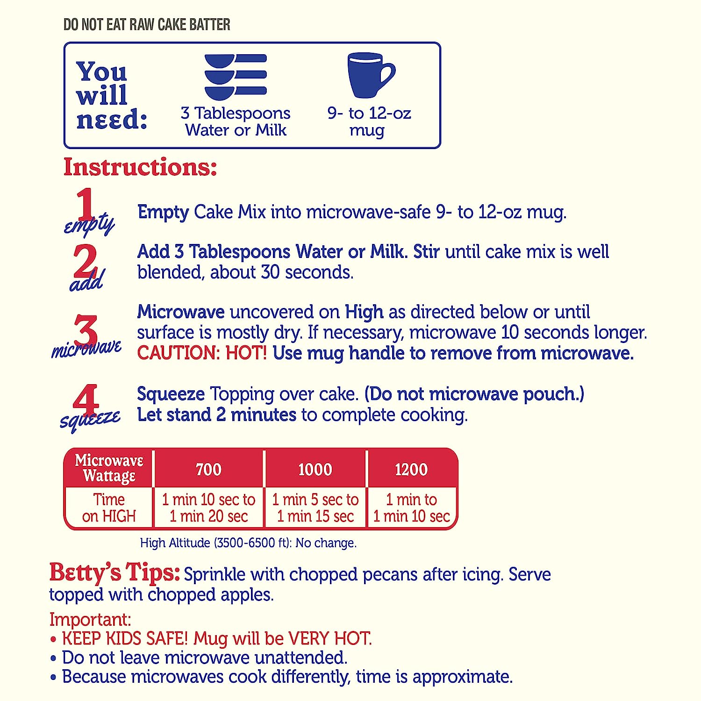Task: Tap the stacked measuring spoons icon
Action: (x=236, y=77)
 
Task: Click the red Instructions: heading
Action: (x=140, y=167)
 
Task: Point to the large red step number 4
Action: (x=86, y=400)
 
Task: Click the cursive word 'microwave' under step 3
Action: (x=86, y=348)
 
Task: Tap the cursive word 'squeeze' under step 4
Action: (x=90, y=420)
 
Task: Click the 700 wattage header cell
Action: (x=208, y=469)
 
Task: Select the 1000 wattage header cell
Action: (x=315, y=469)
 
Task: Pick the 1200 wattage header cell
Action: (x=412, y=469)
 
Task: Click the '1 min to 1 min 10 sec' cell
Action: (x=412, y=508)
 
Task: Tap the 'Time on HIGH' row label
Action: (x=109, y=508)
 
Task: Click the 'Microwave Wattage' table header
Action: (x=109, y=468)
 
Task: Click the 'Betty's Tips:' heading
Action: (x=114, y=572)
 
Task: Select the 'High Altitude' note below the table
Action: (x=248, y=543)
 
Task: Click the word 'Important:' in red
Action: (x=90, y=620)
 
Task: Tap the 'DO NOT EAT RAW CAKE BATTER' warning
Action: (x=147, y=24)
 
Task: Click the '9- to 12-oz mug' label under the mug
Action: (x=369, y=122)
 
